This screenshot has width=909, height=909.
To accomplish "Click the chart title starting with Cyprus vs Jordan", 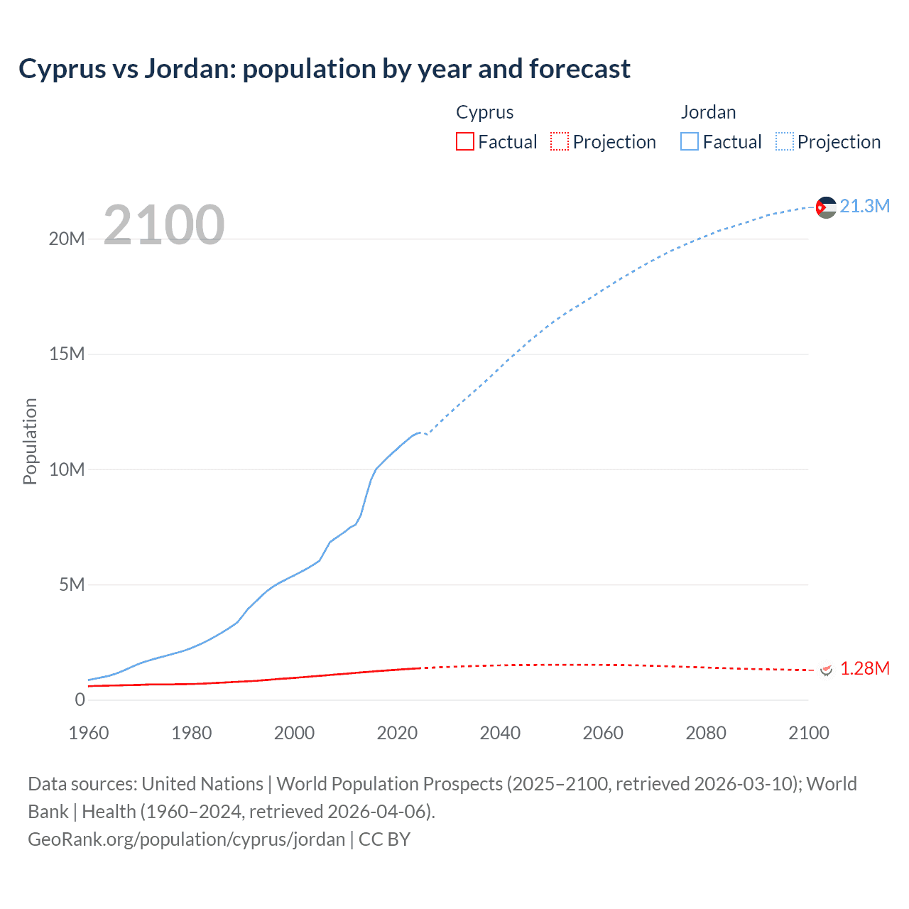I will (x=325, y=69).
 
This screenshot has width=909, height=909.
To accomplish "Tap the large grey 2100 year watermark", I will (x=164, y=225).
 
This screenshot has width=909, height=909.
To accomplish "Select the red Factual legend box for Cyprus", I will (x=464, y=141).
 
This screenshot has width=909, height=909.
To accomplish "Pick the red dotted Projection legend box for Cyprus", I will (x=560, y=141).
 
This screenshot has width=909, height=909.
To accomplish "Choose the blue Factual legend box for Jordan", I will (x=690, y=141).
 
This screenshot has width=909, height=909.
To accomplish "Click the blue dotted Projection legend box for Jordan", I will (x=785, y=141).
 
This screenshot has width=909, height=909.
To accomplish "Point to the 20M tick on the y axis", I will (x=67, y=239).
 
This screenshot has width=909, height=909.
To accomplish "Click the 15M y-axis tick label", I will (x=67, y=354).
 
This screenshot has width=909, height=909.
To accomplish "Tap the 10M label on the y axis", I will (x=67, y=469).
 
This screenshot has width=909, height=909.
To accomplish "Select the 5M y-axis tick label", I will (x=72, y=584).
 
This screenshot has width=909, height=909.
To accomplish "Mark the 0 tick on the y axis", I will (x=80, y=700).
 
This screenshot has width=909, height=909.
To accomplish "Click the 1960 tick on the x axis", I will (x=89, y=733).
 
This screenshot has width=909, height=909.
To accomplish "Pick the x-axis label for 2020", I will (x=397, y=733).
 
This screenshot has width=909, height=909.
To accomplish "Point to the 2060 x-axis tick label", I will (x=603, y=733).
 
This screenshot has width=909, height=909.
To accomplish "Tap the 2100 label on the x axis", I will (x=808, y=733).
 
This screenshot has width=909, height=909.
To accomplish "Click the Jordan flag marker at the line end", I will (x=826, y=207).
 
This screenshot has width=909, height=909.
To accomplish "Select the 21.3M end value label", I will (x=864, y=206).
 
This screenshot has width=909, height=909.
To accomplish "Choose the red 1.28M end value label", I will (x=864, y=668).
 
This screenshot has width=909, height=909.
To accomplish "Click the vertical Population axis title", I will (x=30, y=441).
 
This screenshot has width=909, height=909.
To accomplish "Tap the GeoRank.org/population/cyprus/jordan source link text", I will (x=186, y=839).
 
